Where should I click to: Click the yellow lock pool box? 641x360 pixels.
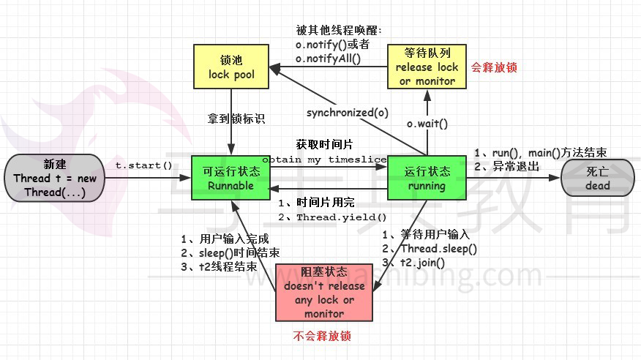click(x=231, y=67)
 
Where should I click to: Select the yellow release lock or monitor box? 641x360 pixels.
click(x=427, y=67)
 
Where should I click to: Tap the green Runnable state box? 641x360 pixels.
click(x=231, y=178)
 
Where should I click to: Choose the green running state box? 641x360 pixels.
click(x=427, y=178)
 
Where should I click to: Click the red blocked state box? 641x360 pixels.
click(x=324, y=293)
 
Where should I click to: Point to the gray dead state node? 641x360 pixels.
click(x=598, y=178)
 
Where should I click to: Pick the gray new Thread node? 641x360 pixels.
click(x=54, y=178)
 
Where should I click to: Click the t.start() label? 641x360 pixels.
click(x=143, y=165)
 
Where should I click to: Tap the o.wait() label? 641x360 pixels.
click(x=427, y=124)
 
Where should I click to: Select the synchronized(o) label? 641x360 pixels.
click(x=348, y=113)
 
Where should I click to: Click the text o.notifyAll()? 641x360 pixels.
click(x=329, y=59)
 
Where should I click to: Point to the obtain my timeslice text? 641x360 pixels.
click(x=324, y=160)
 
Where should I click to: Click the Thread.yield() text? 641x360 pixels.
click(x=341, y=217)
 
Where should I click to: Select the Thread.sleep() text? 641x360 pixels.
click(x=438, y=249)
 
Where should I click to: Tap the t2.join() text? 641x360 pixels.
click(x=422, y=263)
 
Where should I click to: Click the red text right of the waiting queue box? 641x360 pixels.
click(x=494, y=67)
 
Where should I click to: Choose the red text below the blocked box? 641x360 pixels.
click(x=322, y=336)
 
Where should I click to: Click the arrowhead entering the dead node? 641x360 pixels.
click(x=555, y=178)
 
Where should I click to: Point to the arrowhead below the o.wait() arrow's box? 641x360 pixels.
click(x=427, y=95)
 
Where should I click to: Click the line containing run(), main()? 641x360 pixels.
click(x=541, y=153)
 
